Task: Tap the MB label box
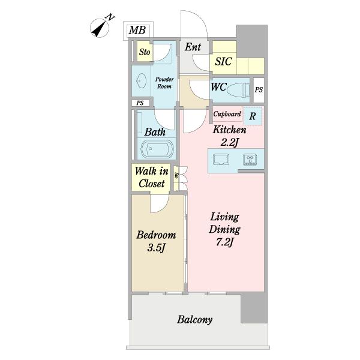(x=138, y=31)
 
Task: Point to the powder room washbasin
(x=141, y=80)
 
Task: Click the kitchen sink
(x=221, y=160)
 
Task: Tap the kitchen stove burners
(x=250, y=160)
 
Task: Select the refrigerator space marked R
(x=253, y=116)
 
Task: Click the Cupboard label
(x=227, y=114)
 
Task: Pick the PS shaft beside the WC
(x=259, y=90)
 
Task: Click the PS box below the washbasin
(x=140, y=103)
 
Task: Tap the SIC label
(x=223, y=62)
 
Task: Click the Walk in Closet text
(x=152, y=177)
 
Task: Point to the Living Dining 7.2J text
(x=224, y=229)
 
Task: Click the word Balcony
(x=194, y=320)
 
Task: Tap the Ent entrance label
(x=193, y=47)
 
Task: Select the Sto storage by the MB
(x=145, y=52)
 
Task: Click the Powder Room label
(x=164, y=83)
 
